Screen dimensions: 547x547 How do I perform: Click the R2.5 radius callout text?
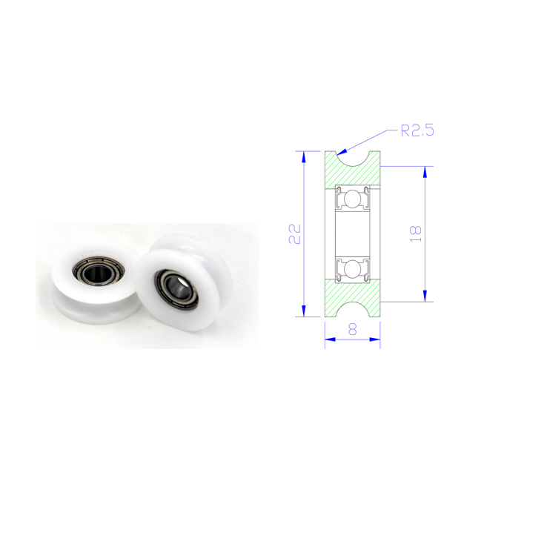[x=417, y=130]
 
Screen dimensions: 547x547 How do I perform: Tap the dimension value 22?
[x=294, y=233]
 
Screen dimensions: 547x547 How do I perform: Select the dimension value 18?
[x=416, y=234]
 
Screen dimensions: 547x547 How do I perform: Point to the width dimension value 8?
[x=353, y=329]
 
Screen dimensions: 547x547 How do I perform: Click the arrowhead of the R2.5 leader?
[x=342, y=152]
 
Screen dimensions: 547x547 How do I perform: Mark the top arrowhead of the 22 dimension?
[x=303, y=157]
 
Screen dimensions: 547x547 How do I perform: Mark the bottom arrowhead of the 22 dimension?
[x=303, y=311]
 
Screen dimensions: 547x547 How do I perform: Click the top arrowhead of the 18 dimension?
[x=425, y=172]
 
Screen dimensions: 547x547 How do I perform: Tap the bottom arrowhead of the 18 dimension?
[x=425, y=296]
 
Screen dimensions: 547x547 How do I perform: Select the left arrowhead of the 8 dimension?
[x=331, y=339]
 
